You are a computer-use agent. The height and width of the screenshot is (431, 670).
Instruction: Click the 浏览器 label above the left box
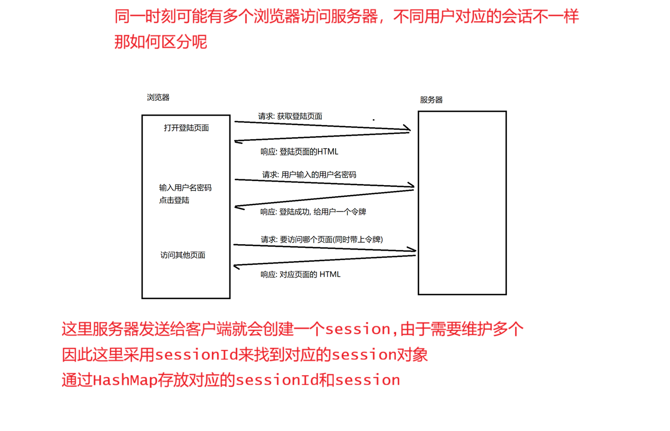point(158,98)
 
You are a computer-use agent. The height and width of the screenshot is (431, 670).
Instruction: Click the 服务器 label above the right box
point(431,100)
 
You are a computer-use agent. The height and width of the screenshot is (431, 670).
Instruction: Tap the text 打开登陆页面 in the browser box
point(186,128)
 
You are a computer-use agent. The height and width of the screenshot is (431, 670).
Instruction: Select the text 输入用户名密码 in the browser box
point(185,188)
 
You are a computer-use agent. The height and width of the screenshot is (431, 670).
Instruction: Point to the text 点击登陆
point(174,200)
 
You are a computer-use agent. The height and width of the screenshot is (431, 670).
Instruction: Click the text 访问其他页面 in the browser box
point(183,255)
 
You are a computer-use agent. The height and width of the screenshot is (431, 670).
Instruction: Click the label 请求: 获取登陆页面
point(290,116)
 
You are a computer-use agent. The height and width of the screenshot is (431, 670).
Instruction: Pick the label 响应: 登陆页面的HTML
point(299,152)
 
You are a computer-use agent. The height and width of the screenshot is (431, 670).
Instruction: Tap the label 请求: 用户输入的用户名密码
point(309,174)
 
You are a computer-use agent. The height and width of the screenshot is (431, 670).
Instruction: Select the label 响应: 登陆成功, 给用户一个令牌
point(313,212)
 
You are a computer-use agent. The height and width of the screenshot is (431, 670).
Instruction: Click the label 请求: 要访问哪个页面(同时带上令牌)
point(321,240)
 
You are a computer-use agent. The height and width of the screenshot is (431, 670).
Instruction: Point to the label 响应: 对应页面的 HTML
point(300,274)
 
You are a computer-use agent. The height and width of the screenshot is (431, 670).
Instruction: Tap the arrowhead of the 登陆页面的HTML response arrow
point(238,141)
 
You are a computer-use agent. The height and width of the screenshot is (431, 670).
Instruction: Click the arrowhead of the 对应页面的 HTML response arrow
point(237,265)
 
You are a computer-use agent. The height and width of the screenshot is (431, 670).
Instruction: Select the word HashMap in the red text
point(125,380)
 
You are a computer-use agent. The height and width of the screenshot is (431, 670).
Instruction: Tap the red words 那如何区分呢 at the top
point(161,41)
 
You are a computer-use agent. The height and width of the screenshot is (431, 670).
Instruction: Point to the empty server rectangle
point(462,203)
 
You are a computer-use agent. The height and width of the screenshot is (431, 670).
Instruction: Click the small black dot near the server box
point(374,120)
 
